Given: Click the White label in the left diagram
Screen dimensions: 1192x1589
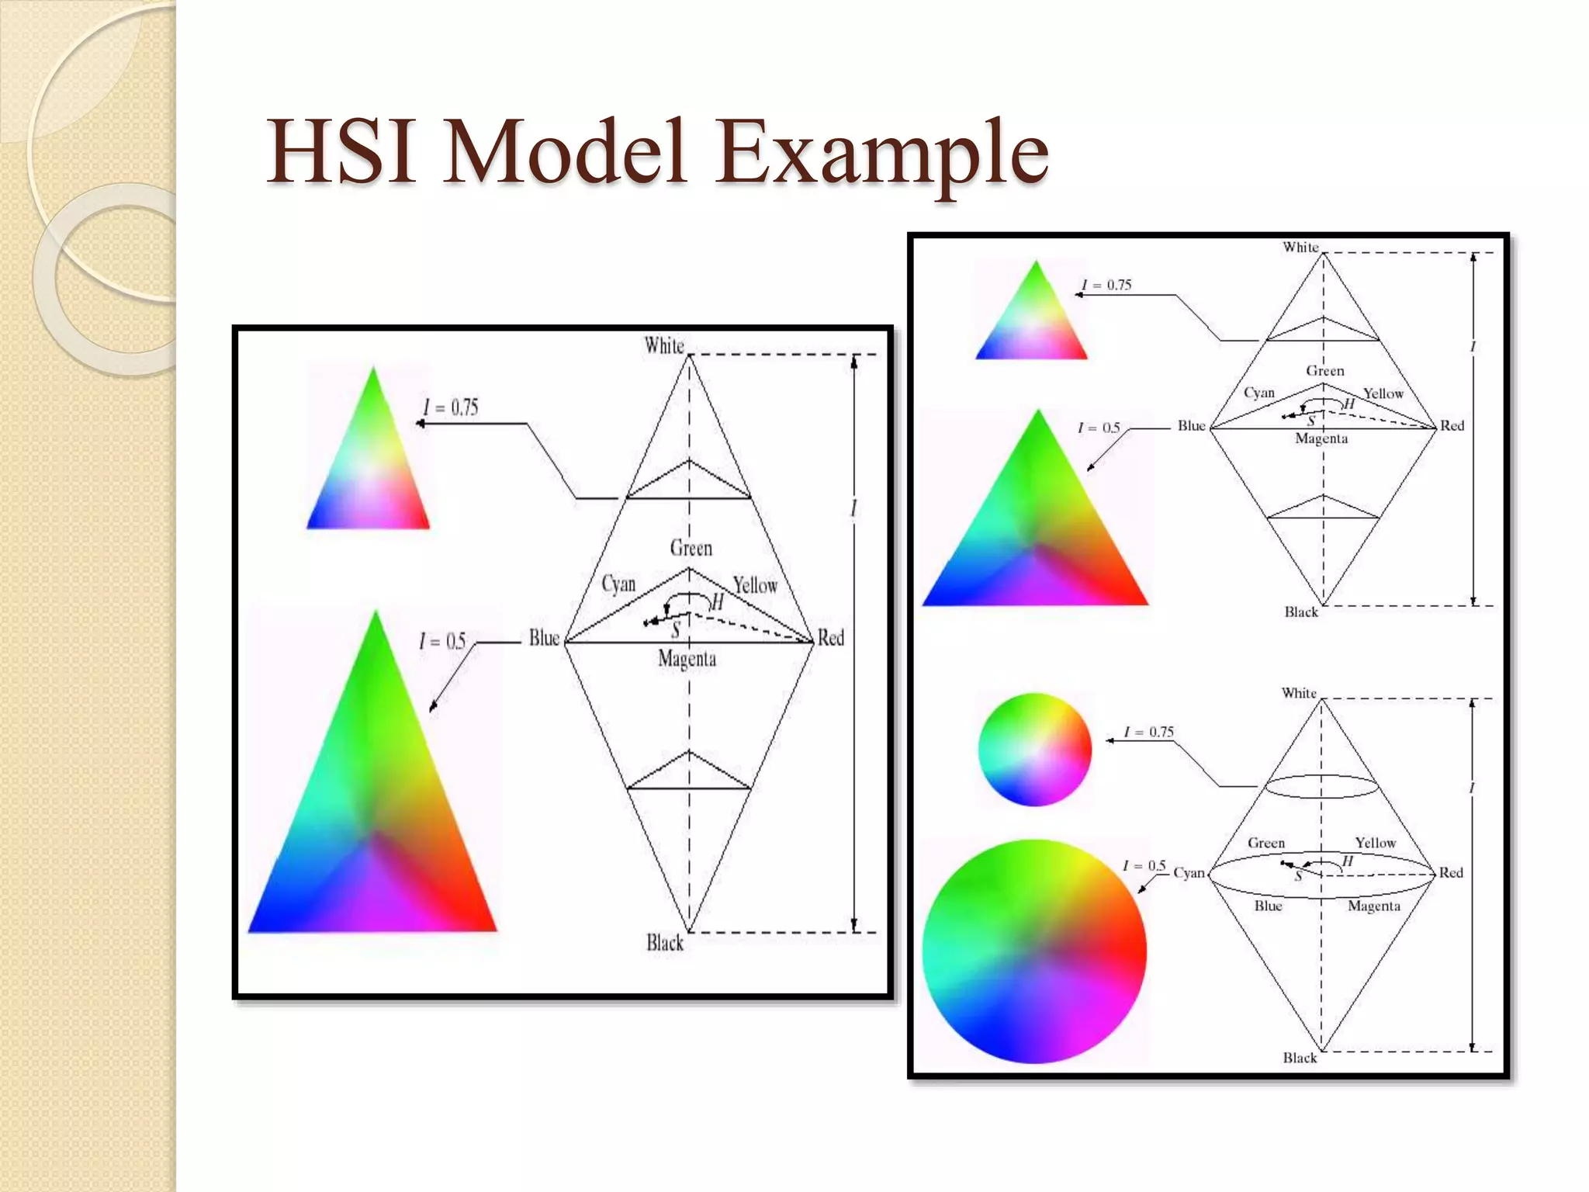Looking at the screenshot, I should [x=663, y=345].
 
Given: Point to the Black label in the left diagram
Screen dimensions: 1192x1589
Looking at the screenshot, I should [x=665, y=943].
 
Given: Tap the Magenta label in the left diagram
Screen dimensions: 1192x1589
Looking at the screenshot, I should [x=687, y=659].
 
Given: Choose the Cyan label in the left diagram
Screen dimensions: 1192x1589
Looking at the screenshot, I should [x=618, y=584].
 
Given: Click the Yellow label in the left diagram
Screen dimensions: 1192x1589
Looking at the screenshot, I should [x=755, y=585].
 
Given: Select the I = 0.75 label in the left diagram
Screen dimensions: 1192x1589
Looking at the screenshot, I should [x=450, y=407].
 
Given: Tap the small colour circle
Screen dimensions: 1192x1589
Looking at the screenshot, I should [x=1034, y=750].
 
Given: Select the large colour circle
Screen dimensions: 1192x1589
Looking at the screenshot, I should [x=1034, y=951].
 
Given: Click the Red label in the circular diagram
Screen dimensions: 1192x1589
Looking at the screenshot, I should [x=1451, y=872].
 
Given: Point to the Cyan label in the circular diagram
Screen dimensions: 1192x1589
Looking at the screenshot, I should [x=1189, y=873].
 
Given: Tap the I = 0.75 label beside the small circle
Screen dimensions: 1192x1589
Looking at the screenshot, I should [x=1149, y=732].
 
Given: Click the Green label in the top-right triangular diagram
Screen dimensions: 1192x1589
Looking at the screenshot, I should [x=1324, y=371].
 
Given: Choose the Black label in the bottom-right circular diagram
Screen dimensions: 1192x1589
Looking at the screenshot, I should [x=1300, y=1058].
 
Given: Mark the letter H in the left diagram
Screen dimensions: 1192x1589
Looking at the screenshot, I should [x=717, y=602].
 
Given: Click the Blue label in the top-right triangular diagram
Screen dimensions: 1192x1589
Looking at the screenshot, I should [x=1191, y=425].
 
